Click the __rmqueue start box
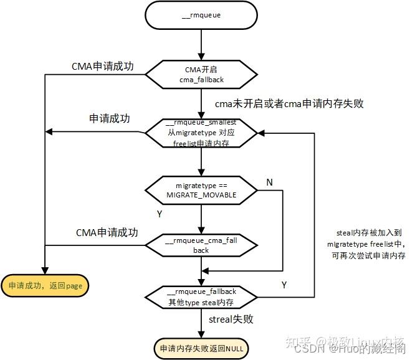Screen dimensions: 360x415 coord(201,16)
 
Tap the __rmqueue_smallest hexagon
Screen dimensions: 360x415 coord(201,133)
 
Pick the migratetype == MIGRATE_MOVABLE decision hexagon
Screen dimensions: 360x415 coord(201,191)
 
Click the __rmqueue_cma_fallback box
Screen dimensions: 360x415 coord(201,245)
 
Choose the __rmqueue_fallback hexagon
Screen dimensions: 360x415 coord(201,295)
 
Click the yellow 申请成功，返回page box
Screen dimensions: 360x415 coord(45,286)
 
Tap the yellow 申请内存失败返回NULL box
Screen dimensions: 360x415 coord(201,348)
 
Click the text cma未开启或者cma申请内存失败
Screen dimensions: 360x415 coord(289,103)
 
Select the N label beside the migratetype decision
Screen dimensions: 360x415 coord(269,182)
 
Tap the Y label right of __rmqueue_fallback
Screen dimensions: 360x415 coord(284,285)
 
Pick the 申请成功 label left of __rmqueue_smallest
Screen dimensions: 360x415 coord(110,118)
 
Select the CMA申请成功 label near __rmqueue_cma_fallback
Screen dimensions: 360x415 coord(107,232)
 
